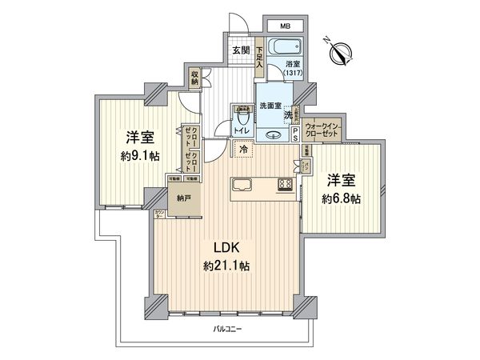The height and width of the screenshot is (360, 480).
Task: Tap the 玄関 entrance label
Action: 241,51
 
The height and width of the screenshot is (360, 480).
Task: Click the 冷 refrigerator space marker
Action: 242,149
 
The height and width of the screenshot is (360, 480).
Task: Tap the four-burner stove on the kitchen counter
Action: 283,186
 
